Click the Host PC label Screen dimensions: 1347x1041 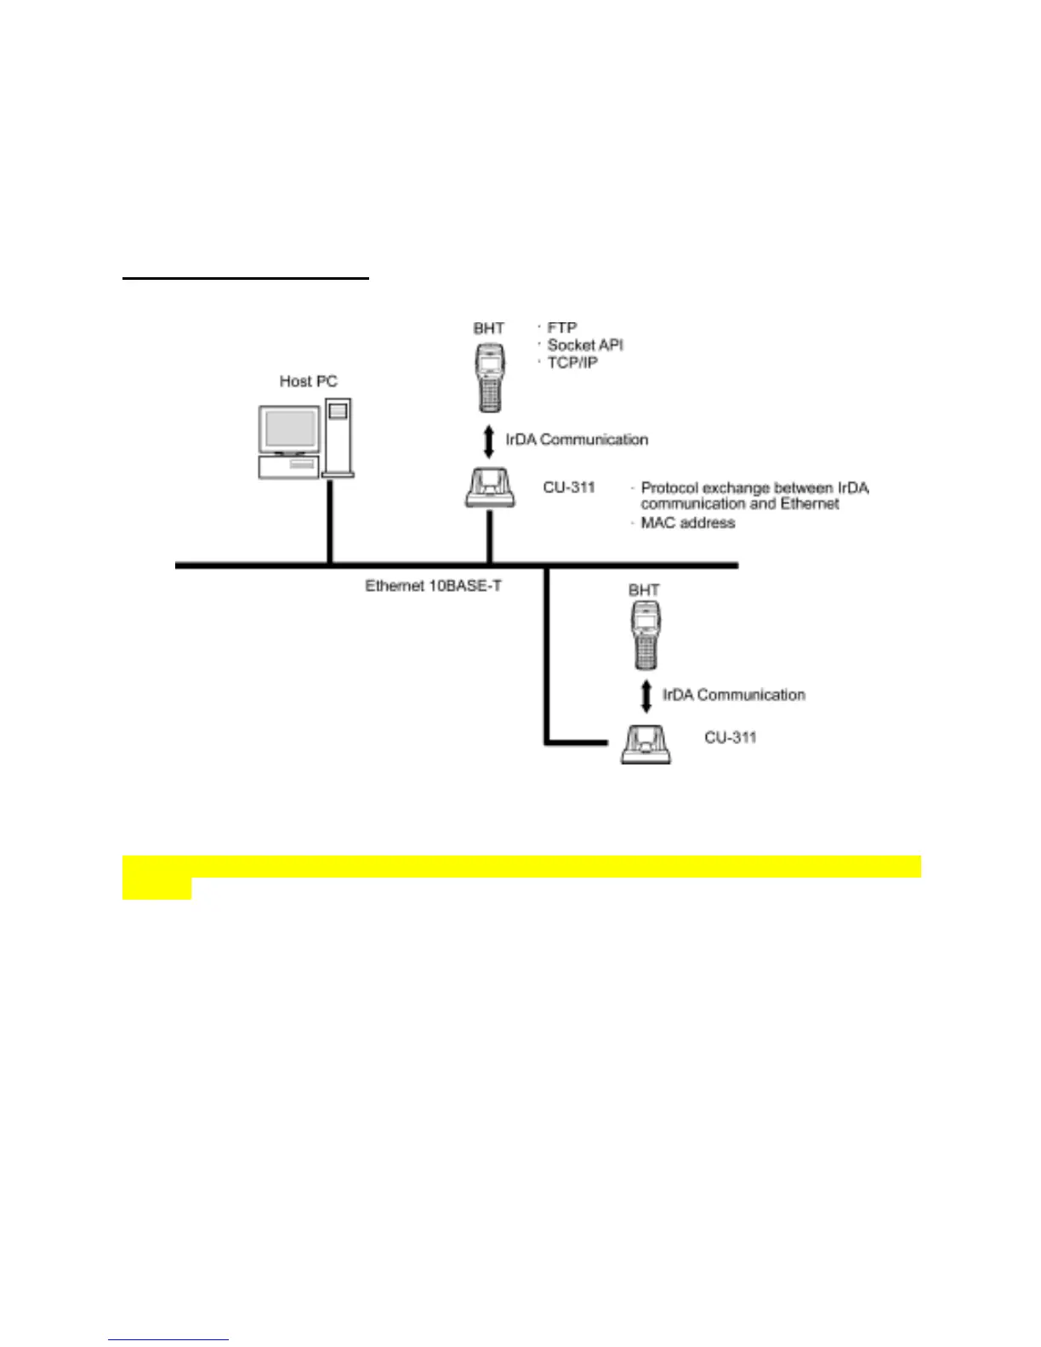tap(308, 382)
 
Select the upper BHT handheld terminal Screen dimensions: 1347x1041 tap(489, 378)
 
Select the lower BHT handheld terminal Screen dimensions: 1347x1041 tap(645, 635)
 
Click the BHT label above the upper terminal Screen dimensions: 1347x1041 tap(489, 328)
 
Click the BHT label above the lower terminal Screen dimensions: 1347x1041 tap(644, 590)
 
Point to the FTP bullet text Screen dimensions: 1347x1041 tap(562, 327)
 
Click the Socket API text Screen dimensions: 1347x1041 tap(585, 345)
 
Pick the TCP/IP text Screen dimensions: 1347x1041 tap(572, 363)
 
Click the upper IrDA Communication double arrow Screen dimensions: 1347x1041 tap(489, 441)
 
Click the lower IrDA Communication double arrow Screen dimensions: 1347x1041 tap(646, 696)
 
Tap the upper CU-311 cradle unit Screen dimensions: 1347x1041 tap(490, 487)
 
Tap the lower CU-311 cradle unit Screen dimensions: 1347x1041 tap(646, 744)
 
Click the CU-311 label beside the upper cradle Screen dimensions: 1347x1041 tap(569, 488)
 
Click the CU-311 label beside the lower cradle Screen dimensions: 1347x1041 tap(730, 737)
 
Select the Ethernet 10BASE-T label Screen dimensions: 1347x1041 tap(433, 586)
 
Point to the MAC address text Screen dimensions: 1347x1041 tap(687, 523)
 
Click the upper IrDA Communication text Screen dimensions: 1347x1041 tap(577, 440)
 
